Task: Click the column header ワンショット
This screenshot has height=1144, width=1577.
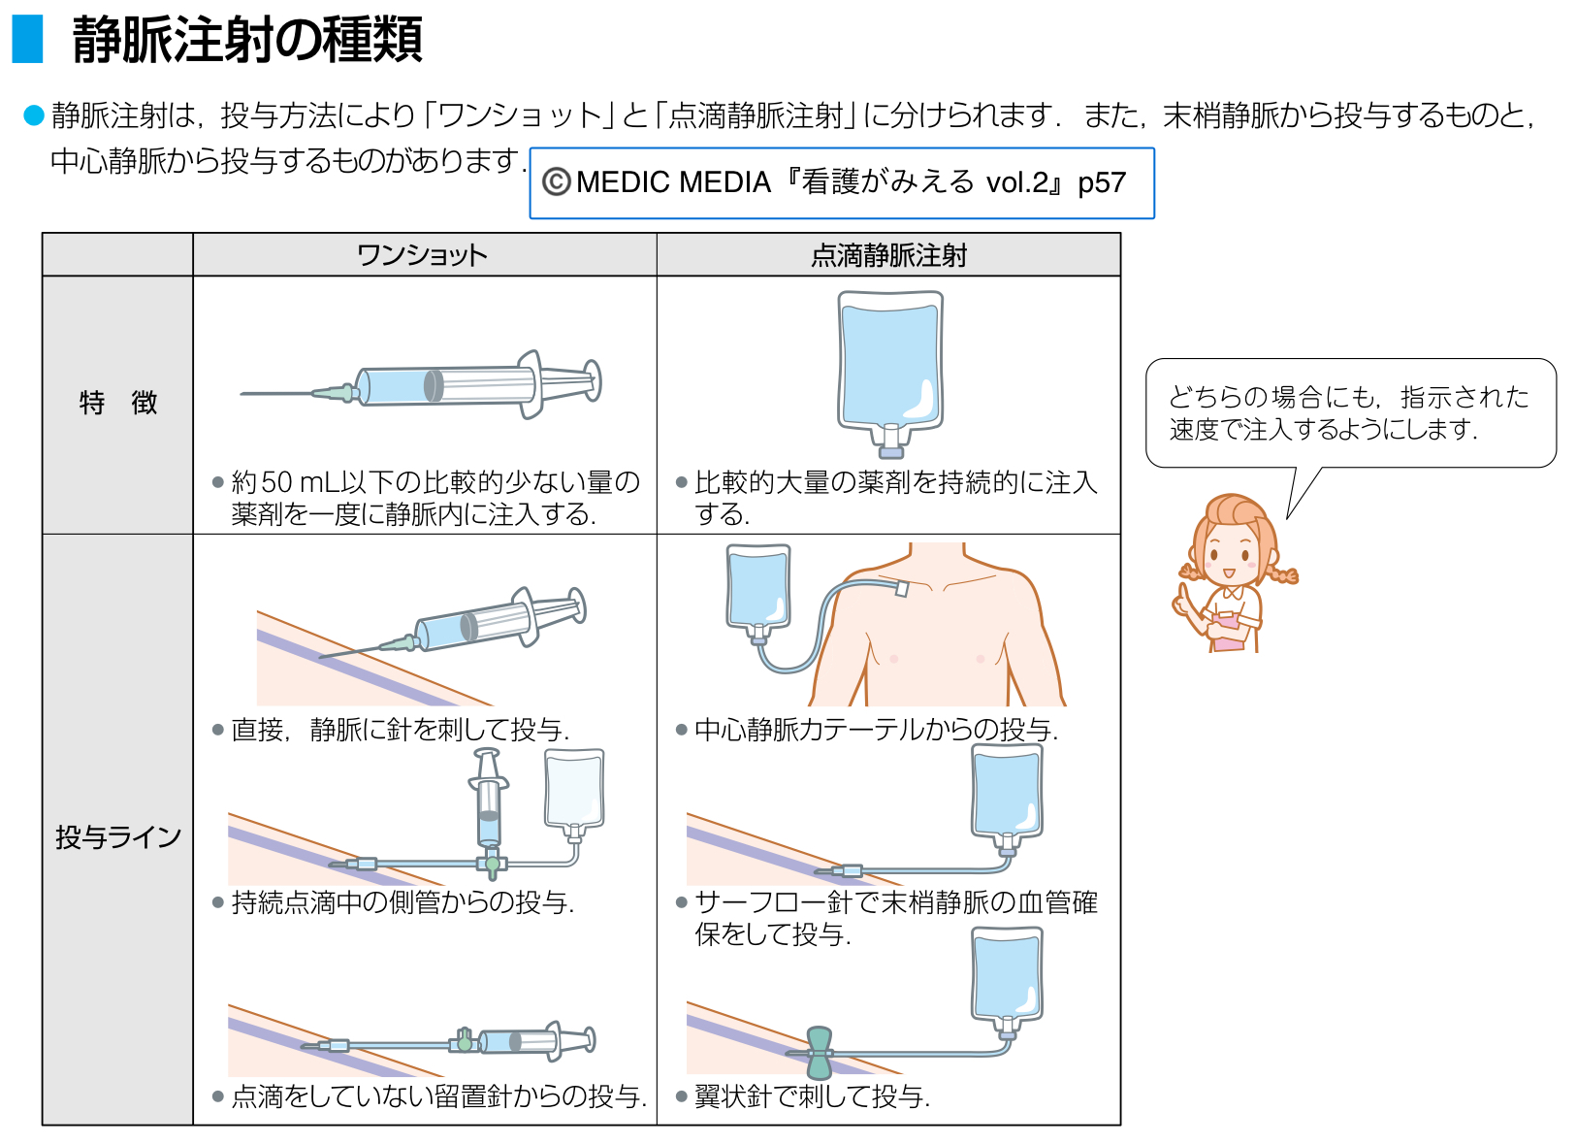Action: pyautogui.click(x=422, y=255)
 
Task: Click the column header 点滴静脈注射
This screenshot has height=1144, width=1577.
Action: pyautogui.click(x=888, y=255)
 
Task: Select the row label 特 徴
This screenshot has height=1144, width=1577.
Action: pyautogui.click(x=117, y=403)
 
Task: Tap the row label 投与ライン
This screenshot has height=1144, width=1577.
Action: pyautogui.click(x=117, y=836)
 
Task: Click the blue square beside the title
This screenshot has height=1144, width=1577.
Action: pyautogui.click(x=27, y=39)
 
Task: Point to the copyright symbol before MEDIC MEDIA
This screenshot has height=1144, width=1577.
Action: pyautogui.click(x=556, y=182)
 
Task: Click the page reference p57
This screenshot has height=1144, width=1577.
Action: pyautogui.click(x=1102, y=182)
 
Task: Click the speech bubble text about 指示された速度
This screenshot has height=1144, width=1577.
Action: pyautogui.click(x=1348, y=412)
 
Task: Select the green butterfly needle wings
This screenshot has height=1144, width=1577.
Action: pyautogui.click(x=820, y=1053)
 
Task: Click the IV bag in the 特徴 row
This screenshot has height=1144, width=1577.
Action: pyautogui.click(x=890, y=364)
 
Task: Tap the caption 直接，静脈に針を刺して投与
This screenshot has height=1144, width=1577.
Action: pyautogui.click(x=401, y=730)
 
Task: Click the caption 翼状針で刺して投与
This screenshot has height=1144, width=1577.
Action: pyautogui.click(x=812, y=1097)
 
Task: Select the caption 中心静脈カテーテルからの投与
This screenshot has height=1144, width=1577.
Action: pyautogui.click(x=876, y=730)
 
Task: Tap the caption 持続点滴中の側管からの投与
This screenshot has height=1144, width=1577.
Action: pyautogui.click(x=402, y=903)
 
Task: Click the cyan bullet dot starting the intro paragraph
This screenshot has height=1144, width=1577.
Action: pyautogui.click(x=34, y=115)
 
